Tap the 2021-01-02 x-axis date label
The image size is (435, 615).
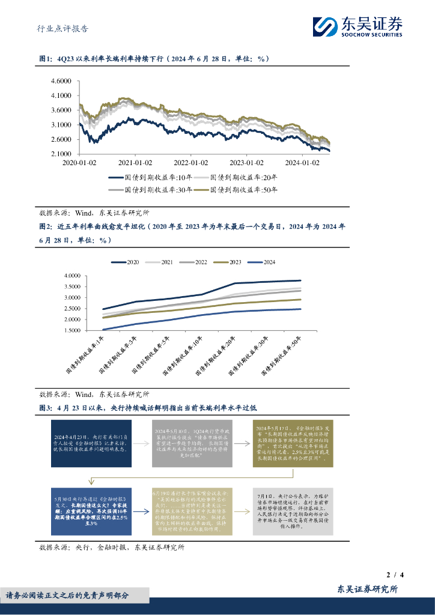[135, 162]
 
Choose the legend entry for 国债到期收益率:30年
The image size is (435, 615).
[151, 190]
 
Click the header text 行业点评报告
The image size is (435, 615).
[59, 28]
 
